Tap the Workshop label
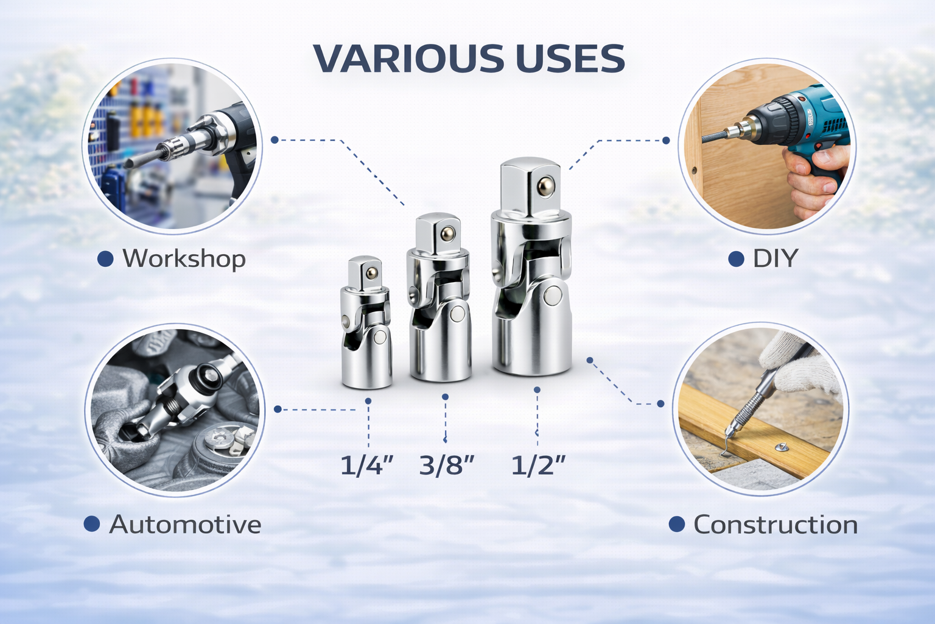pyautogui.click(x=184, y=259)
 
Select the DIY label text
pyautogui.click(x=776, y=258)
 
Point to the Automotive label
pyautogui.click(x=185, y=524)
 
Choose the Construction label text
pyautogui.click(x=776, y=525)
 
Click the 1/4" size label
pyautogui.click(x=367, y=465)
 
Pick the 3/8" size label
pyautogui.click(x=447, y=465)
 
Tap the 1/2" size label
pyautogui.click(x=539, y=465)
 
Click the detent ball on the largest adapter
pyautogui.click(x=545, y=186)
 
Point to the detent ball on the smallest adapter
pyautogui.click(x=371, y=274)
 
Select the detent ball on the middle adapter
pyautogui.click(x=448, y=233)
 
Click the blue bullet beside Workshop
pyautogui.click(x=105, y=259)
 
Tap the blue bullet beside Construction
pyautogui.click(x=677, y=523)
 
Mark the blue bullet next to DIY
pyautogui.click(x=737, y=259)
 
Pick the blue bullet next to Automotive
pyautogui.click(x=92, y=523)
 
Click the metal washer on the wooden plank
pyautogui.click(x=781, y=448)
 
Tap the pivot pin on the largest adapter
pyautogui.click(x=553, y=296)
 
